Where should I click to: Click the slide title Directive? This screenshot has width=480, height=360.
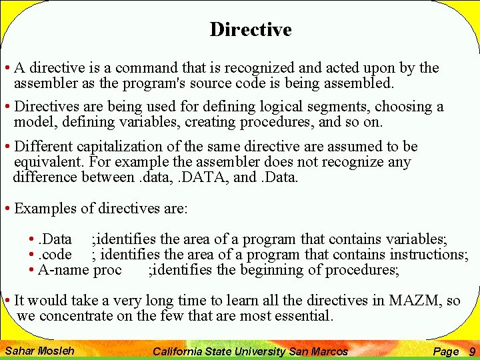click(x=251, y=30)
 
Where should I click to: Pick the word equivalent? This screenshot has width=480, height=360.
click(x=43, y=162)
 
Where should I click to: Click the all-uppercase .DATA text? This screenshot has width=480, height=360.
click(x=204, y=177)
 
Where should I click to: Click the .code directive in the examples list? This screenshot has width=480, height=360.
click(x=55, y=255)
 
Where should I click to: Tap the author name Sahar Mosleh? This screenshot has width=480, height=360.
click(x=39, y=351)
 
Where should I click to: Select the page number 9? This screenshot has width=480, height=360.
click(x=472, y=351)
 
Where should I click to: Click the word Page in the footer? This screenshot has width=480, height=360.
click(x=445, y=351)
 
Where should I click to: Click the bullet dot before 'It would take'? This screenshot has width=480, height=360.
click(x=7, y=301)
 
